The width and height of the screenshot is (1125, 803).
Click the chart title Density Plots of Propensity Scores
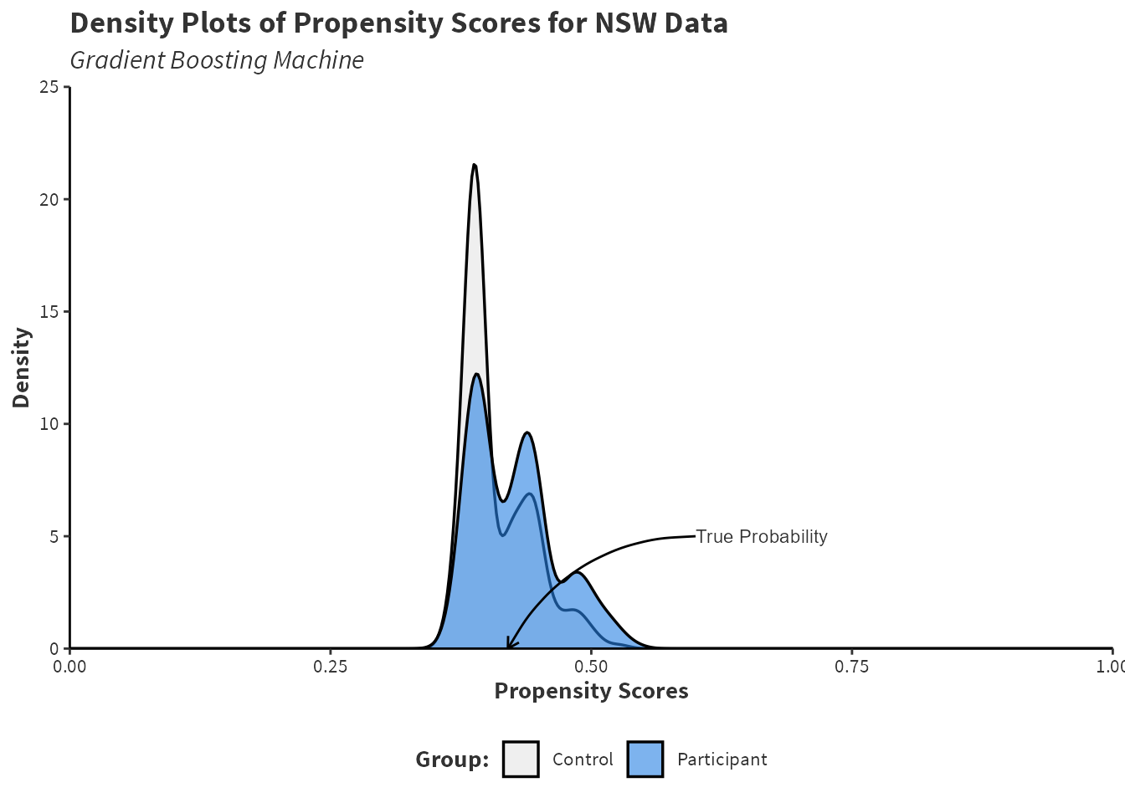tap(398, 23)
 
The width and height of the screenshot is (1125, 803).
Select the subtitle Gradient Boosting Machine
tap(217, 60)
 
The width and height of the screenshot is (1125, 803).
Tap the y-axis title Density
tap(22, 367)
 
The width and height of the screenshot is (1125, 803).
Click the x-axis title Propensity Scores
tap(591, 691)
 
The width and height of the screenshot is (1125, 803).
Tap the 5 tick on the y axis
tap(54, 536)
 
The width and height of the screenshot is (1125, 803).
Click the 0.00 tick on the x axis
tap(69, 667)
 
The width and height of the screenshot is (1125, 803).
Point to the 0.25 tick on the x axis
tap(330, 667)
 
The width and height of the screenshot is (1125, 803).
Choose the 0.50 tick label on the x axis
tap(591, 667)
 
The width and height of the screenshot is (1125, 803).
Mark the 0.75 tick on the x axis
tap(851, 667)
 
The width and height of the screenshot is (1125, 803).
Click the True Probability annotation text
tap(762, 537)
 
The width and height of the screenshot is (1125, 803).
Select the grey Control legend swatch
tap(521, 760)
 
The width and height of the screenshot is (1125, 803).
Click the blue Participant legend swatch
tap(645, 760)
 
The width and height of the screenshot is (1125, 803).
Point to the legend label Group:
tap(452, 760)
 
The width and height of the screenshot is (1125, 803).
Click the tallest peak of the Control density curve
tap(475, 165)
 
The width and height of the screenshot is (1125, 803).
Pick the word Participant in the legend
tap(722, 760)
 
